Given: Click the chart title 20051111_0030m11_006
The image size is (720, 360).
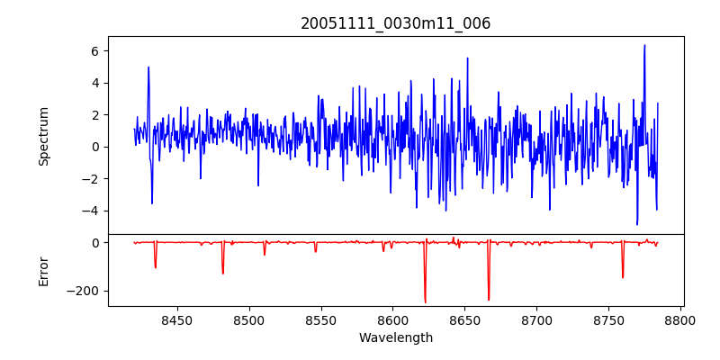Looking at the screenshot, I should [395, 23].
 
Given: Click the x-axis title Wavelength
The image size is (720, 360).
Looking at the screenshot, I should [395, 338].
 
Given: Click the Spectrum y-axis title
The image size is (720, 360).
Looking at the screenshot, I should [43, 136].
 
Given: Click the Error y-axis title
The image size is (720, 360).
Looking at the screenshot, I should [43, 271].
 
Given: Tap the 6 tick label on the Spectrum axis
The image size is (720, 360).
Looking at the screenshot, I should [93, 51].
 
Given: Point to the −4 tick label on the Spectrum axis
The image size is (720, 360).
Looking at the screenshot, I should [89, 211].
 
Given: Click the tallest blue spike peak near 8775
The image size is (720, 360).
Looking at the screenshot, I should [644, 45].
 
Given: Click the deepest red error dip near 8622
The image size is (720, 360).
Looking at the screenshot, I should [425, 302].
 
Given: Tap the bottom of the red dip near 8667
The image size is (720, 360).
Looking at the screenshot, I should [489, 300].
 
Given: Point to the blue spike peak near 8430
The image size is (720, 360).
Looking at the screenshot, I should [148, 67].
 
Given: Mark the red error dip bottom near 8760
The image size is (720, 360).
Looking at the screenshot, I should [623, 277].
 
